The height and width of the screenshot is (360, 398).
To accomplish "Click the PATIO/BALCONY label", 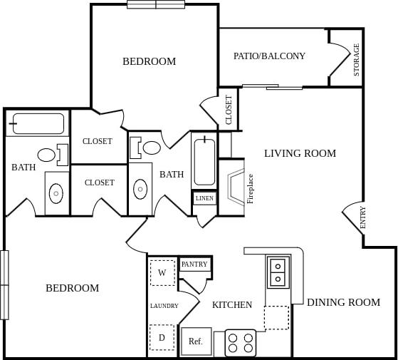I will pyautogui.click(x=269, y=56).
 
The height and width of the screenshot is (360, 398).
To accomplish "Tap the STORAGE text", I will pyautogui.click(x=356, y=60).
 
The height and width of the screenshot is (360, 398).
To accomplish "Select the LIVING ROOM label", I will pyautogui.click(x=300, y=153).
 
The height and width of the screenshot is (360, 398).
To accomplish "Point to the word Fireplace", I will pyautogui.click(x=251, y=189).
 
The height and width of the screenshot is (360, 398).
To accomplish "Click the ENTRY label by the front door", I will pyautogui.click(x=363, y=217).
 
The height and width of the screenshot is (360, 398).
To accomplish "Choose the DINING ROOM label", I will pyautogui.click(x=343, y=302).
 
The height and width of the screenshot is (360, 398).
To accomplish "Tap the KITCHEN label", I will pyautogui.click(x=232, y=305).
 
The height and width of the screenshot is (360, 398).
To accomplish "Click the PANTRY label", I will pyautogui.click(x=194, y=264).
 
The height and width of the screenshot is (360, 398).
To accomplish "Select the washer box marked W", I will pyautogui.click(x=162, y=272).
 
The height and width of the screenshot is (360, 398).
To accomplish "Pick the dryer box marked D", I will pyautogui.click(x=162, y=337).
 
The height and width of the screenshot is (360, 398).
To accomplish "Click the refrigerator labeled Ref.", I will pyautogui.click(x=196, y=341).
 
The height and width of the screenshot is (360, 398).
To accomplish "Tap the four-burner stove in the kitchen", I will pyautogui.click(x=241, y=342).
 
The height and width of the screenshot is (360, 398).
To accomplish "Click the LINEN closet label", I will pyautogui.click(x=204, y=199).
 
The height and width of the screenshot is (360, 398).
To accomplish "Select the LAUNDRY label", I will pyautogui.click(x=164, y=306).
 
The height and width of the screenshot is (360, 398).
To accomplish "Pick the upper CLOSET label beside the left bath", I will pyautogui.click(x=97, y=141).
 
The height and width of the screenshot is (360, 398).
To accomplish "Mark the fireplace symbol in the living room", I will pyautogui.click(x=235, y=187).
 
